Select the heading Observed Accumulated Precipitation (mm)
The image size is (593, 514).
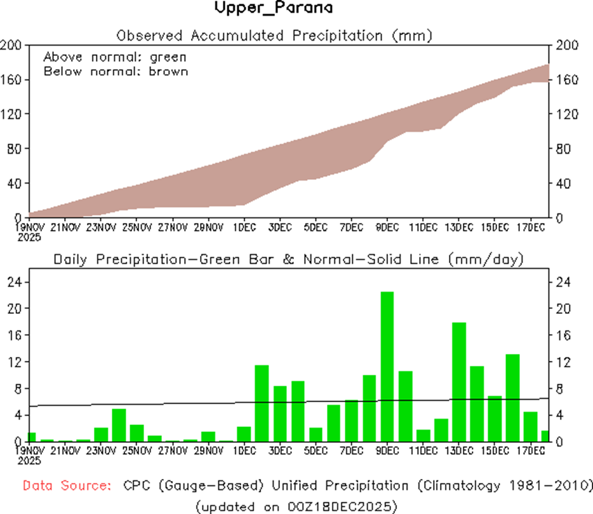pos(274,35)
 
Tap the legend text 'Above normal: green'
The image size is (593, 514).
pos(115,57)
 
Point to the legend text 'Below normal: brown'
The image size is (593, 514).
pos(116,71)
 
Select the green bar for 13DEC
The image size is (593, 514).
pos(458,382)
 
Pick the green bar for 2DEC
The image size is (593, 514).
pos(262,403)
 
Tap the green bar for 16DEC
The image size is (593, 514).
pos(512,398)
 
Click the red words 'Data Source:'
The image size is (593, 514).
pos(65,485)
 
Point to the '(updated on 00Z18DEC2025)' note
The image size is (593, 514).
pos(296,506)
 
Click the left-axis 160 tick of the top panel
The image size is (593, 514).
pos(12,79)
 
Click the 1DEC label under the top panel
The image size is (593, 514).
pos(244,227)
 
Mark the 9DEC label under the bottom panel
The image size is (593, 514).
pos(387,450)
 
